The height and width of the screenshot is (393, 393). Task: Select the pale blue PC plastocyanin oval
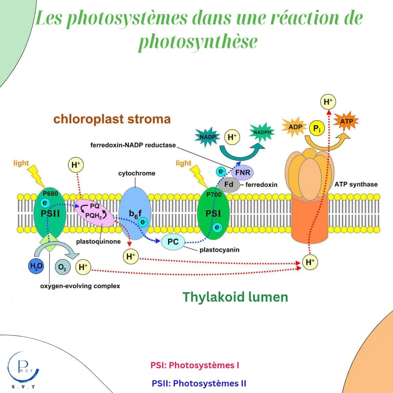point(173,242)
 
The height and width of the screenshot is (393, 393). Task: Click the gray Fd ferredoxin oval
point(229,184)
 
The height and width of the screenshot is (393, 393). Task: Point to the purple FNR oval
point(243,172)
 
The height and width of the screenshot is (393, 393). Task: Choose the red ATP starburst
point(346,121)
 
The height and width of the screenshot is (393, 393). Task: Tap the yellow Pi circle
point(317,129)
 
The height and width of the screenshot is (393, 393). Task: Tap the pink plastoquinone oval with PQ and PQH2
point(94,212)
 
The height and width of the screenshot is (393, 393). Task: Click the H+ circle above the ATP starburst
point(328,102)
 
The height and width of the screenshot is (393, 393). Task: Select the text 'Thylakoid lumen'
point(235,297)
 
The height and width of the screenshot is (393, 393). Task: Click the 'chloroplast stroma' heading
point(112,119)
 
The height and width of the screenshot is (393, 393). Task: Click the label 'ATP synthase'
point(356,184)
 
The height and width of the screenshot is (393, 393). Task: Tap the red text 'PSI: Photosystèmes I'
point(195,365)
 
